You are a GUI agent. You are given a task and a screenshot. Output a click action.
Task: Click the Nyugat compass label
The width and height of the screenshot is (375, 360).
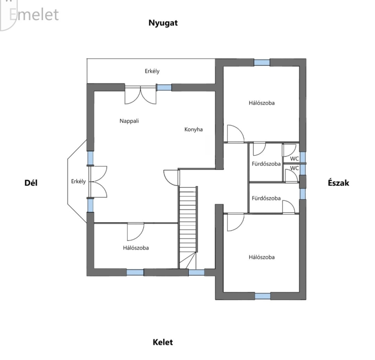tap(163, 23)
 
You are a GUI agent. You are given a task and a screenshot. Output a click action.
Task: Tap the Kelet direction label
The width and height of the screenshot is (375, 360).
tap(163, 342)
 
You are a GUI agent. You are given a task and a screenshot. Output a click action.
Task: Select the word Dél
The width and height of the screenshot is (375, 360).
tap(31, 183)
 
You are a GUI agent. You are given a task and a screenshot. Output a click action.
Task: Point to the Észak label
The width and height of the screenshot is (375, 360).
tap(338, 183)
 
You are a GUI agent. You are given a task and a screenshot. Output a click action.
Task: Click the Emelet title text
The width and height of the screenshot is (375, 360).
tap(34, 15)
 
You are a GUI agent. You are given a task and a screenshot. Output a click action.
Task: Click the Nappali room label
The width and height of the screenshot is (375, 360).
tap(129, 121)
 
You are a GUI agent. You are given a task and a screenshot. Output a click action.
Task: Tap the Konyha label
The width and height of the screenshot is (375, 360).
tap(194, 129)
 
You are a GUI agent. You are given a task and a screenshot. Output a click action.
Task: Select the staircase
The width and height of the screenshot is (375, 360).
tap(188, 227)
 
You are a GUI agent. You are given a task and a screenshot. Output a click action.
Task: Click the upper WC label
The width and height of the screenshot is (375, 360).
tap(294, 158)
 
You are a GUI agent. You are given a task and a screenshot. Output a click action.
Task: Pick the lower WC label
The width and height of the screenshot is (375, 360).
tap(294, 168)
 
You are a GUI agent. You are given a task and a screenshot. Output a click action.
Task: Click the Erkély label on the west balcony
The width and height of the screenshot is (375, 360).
tap(152, 71)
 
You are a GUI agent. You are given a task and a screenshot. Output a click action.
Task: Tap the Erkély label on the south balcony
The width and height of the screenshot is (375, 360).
tap(78, 181)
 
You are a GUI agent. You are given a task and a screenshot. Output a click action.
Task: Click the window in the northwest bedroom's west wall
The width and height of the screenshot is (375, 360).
tap(262, 62)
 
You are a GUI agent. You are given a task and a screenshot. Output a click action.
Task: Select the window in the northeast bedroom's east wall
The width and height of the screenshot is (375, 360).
tap(262, 296)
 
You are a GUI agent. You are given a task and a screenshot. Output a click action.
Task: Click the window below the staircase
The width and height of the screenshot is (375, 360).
tap(196, 272)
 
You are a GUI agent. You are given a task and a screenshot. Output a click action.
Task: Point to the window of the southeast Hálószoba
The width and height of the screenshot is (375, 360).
tap(135, 272)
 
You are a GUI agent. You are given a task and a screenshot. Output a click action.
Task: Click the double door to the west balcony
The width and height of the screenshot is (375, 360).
tap(140, 95)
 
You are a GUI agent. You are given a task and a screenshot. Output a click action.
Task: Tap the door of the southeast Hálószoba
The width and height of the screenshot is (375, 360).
tap(135, 232)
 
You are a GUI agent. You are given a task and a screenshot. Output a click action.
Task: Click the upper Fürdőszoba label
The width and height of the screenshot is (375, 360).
tap(266, 164)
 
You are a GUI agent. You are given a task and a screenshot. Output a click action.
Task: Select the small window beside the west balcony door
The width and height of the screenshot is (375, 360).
tap(164, 87)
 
